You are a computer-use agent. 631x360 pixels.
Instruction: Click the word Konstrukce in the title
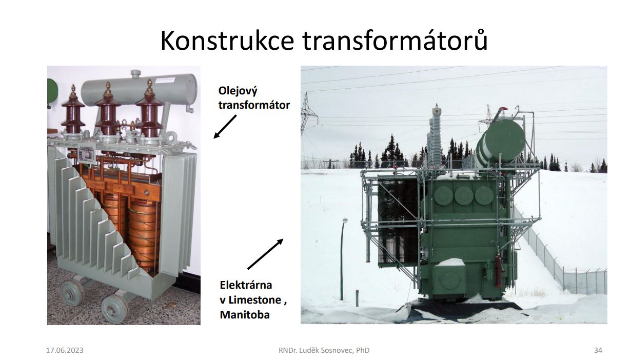227,41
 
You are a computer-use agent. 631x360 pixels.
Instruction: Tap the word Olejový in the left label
238,91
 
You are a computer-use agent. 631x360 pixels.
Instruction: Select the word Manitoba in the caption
245,314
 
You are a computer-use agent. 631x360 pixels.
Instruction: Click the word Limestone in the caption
255,299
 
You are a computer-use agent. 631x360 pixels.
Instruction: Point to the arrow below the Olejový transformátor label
225,127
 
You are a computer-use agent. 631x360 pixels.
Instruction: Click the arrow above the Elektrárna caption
265,254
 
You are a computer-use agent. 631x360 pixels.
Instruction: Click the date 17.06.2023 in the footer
65,350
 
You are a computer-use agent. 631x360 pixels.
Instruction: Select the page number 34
598,350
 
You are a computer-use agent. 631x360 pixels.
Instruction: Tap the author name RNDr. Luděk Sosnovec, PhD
324,350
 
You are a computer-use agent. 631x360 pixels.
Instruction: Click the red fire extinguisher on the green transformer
498,270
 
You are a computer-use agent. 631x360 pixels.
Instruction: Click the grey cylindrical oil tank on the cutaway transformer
139,90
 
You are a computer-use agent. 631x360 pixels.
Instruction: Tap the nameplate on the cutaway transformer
87,154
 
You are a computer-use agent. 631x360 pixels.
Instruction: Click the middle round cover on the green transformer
463,195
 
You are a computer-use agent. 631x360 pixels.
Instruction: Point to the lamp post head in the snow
345,221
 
